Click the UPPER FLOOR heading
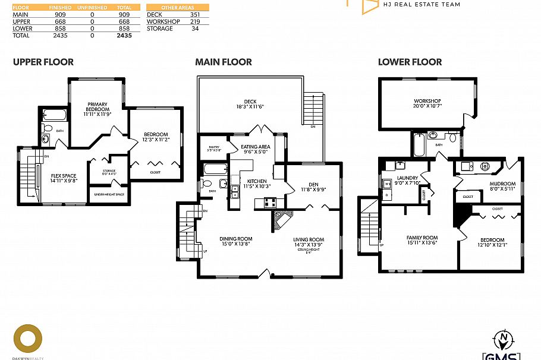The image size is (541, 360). [43, 62]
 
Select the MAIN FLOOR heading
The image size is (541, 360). [224, 62]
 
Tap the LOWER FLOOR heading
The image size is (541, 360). [409, 62]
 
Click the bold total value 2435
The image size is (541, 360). [124, 36]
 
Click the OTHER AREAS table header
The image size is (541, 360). [178, 7]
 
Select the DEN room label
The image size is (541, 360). [313, 187]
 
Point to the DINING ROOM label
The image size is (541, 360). [236, 241]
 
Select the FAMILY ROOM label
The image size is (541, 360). [422, 239]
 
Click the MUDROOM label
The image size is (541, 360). [502, 186]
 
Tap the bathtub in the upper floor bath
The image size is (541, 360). [55, 115]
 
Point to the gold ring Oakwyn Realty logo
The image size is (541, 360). [28, 339]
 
